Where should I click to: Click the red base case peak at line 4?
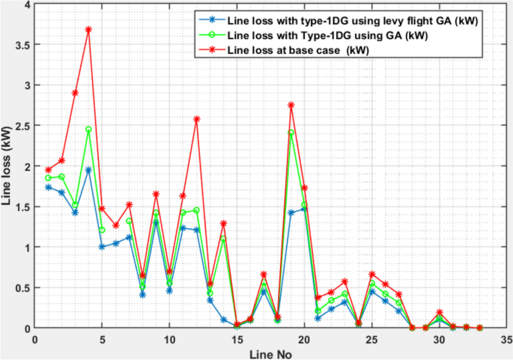(x=88, y=30)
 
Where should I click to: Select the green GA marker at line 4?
(x=88, y=129)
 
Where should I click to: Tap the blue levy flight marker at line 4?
(x=88, y=170)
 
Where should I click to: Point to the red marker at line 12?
(x=196, y=119)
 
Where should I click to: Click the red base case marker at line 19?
(x=291, y=105)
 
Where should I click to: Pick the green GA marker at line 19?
(x=291, y=132)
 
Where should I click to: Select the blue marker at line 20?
(x=304, y=209)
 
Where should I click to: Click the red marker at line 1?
(x=48, y=170)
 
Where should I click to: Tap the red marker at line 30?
(x=439, y=313)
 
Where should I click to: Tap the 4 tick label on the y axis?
(x=25, y=4)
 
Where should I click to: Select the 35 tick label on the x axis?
(x=506, y=338)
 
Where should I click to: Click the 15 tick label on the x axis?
(x=237, y=338)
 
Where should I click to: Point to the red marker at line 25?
(x=371, y=274)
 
